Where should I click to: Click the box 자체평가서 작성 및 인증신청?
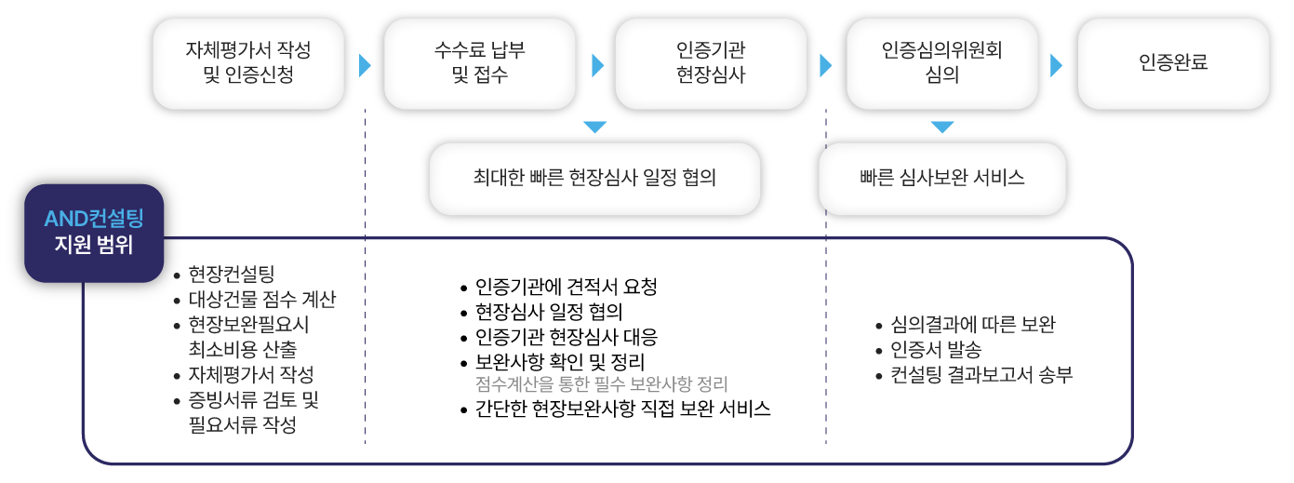point(248,64)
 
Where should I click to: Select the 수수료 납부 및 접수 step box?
point(479,64)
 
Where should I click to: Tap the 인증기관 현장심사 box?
point(711,64)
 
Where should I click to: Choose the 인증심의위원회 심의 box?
point(941,64)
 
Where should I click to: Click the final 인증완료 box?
point(1173,64)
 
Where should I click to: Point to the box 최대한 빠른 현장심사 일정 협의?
point(594,179)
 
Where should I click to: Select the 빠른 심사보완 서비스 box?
point(941,179)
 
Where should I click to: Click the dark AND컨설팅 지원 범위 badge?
point(94,233)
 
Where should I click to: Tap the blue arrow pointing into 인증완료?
point(1056,65)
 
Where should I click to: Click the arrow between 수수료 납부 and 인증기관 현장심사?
point(597,65)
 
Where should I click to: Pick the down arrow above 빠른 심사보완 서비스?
point(942,127)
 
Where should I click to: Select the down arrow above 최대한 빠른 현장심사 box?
point(594,127)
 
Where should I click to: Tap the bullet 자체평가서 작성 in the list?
point(250,375)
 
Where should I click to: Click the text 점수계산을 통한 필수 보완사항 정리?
point(600,384)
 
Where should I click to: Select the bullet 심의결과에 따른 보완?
point(972,325)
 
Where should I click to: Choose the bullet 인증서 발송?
point(935,350)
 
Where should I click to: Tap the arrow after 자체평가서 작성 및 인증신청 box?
point(365,65)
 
